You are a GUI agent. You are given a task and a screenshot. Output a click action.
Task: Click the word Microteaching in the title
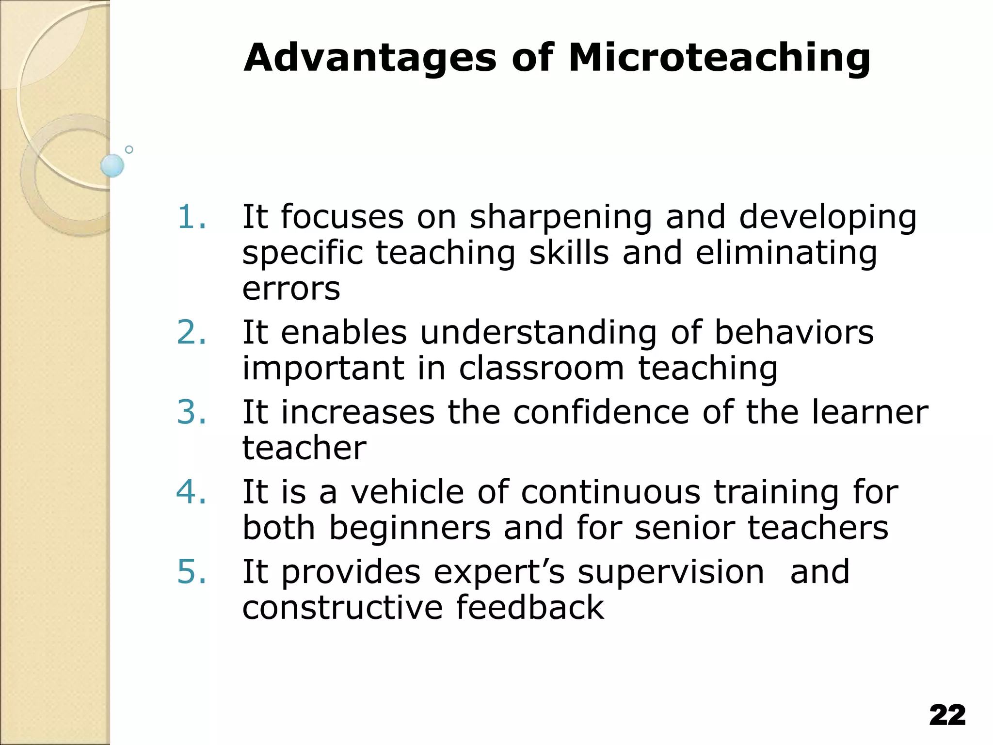pos(719,58)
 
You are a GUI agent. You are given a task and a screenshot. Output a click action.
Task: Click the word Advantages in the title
pos(370,58)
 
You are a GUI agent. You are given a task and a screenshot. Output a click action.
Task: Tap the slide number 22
pos(947,715)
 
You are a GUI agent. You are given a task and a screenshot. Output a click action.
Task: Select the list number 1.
pos(191,217)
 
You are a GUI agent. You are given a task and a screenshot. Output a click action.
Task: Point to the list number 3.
pos(191,412)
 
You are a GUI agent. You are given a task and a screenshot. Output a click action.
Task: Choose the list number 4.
pos(191,492)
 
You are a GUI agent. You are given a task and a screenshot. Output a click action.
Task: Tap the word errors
pos(291,289)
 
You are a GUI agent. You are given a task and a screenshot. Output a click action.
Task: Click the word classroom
pos(541,369)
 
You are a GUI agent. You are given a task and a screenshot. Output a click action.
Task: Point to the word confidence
pos(601,412)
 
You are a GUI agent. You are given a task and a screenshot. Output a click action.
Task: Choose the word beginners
pos(410,529)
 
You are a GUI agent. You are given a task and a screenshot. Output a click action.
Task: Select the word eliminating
pos(786,254)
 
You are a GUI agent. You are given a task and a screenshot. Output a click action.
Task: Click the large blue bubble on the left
pos(112,165)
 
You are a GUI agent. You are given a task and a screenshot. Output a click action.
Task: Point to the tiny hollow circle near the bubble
pos(129,150)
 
